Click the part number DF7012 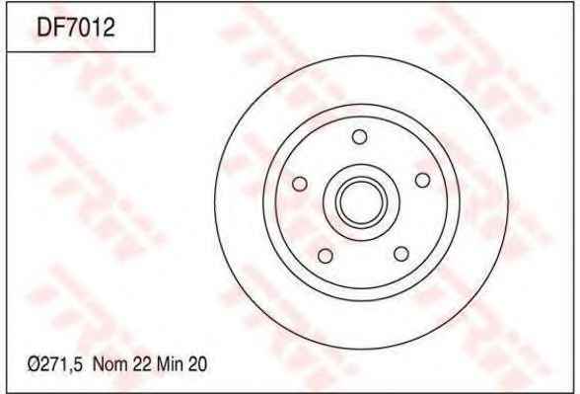click(76, 28)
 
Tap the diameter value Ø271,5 click(54, 364)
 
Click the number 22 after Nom click(142, 364)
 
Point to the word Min click(170, 364)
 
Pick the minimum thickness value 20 click(197, 364)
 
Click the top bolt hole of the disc click(359, 136)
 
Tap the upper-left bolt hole click(300, 184)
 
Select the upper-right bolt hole click(422, 181)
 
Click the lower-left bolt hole click(326, 256)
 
